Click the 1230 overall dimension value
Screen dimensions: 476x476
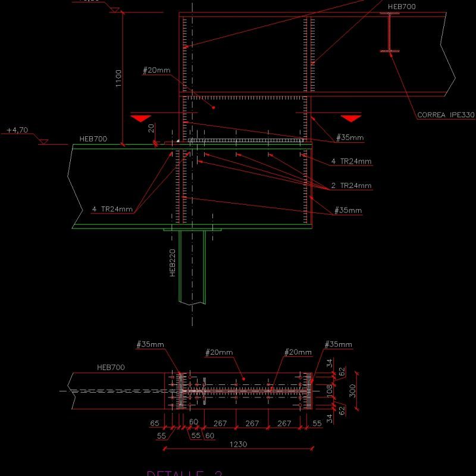237,444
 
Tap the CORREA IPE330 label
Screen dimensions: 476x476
446,115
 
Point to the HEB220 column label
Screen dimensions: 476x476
173,263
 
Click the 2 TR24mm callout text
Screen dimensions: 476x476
351,186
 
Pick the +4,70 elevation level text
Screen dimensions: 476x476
17,130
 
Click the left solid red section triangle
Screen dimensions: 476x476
141,118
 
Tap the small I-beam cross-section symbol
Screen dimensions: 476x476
390,33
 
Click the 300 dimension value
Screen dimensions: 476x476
352,391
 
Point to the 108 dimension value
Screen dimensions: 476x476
330,391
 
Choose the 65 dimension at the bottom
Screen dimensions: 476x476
155,423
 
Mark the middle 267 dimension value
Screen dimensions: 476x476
252,423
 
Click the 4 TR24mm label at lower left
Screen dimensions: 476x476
112,209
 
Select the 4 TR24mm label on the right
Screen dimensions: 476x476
351,161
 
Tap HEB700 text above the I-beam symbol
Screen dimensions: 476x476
402,7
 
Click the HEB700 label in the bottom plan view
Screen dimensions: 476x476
111,367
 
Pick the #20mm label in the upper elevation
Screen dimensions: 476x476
156,70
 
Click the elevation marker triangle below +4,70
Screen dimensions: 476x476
43,141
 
